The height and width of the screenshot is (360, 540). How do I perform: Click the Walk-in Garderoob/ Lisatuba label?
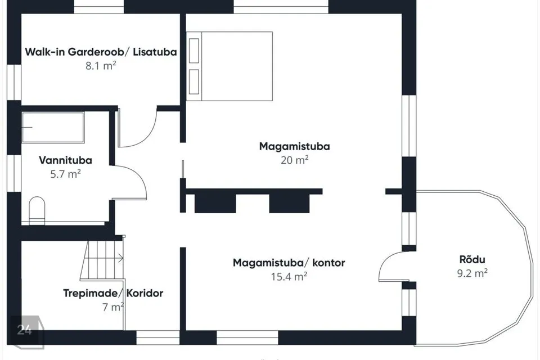(x=101, y=52)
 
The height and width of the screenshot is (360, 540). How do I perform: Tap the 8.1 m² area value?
(x=101, y=65)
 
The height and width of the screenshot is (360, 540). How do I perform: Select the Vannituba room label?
(x=65, y=160)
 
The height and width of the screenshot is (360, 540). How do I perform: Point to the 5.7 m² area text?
(x=65, y=174)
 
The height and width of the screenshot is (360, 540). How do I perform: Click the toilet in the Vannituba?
(x=37, y=210)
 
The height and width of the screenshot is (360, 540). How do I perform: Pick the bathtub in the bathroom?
(x=53, y=127)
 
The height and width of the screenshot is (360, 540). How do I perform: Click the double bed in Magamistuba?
(x=229, y=66)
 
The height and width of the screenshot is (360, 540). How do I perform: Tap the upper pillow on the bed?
(x=194, y=51)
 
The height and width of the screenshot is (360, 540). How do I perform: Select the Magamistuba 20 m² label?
(x=294, y=153)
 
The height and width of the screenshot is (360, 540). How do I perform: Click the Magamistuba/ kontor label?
(x=289, y=263)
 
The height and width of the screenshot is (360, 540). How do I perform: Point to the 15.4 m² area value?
(x=289, y=277)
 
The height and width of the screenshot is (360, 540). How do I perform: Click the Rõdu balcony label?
(x=472, y=259)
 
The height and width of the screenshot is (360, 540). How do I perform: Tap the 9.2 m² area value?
(x=472, y=273)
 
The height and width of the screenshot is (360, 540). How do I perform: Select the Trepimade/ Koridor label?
(x=113, y=293)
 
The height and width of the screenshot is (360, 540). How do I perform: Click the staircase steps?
(x=102, y=260)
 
